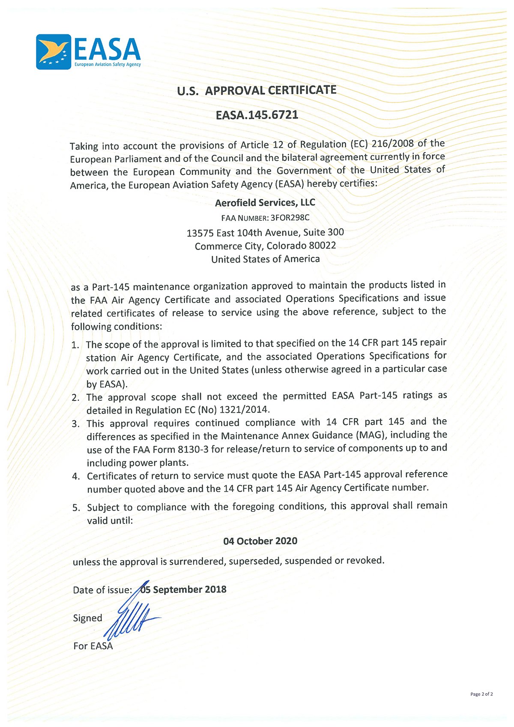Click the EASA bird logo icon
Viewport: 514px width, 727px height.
click(x=54, y=52)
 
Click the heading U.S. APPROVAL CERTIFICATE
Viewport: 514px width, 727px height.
click(x=257, y=90)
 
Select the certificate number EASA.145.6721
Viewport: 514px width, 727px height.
click(x=257, y=115)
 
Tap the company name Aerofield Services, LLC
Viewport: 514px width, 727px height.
click(x=265, y=202)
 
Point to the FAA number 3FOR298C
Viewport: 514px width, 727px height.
click(x=290, y=218)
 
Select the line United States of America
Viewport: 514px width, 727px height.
click(x=265, y=259)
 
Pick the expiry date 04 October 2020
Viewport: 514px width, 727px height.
click(x=260, y=541)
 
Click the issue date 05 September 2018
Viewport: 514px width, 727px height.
click(x=183, y=589)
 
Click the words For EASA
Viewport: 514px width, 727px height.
click(x=93, y=646)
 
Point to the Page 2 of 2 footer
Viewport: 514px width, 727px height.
click(x=481, y=694)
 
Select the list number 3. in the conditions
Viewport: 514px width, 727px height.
click(x=76, y=424)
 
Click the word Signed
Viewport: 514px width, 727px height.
click(x=87, y=618)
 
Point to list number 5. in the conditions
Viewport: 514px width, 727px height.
click(x=76, y=508)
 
